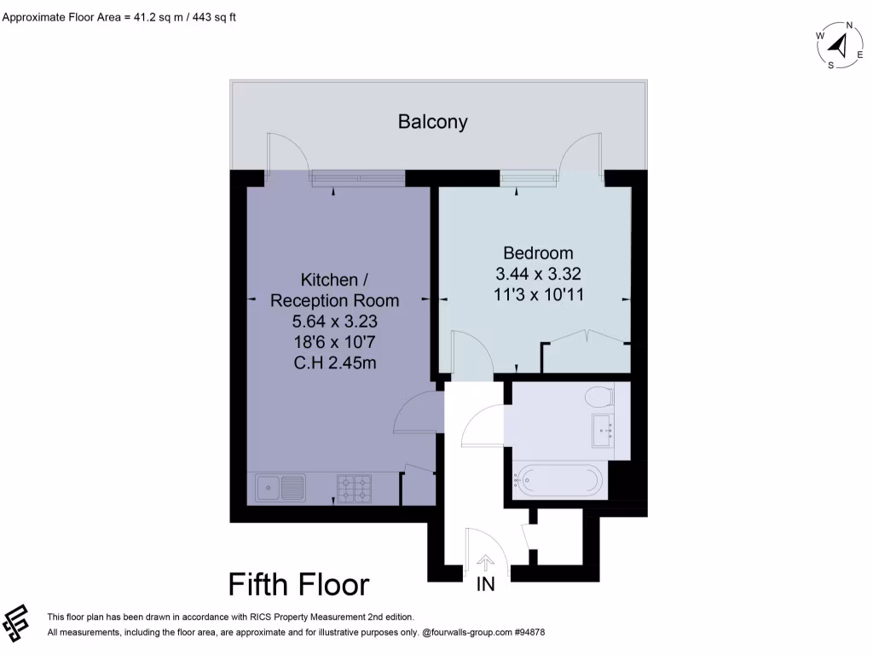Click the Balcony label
tap(433, 122)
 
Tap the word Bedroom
tap(538, 253)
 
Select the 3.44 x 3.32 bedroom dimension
tap(538, 274)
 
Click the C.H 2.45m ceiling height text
tap(334, 362)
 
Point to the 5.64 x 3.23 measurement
tap(334, 322)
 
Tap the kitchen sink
tap(280, 489)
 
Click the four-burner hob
tap(355, 489)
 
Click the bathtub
tap(559, 481)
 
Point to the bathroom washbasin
tap(604, 430)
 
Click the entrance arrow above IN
tap(486, 562)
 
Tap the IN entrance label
tap(485, 585)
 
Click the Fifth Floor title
tap(298, 585)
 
